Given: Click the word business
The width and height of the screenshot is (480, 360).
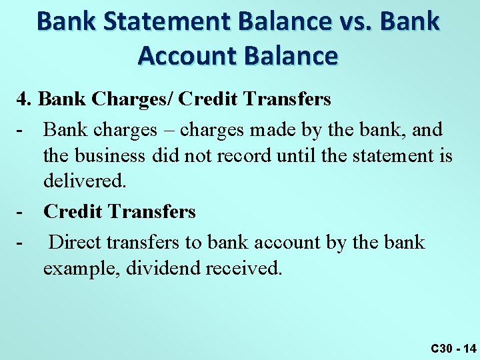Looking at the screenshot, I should [113, 156].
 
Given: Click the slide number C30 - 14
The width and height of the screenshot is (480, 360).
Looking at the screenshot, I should [453, 348].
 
